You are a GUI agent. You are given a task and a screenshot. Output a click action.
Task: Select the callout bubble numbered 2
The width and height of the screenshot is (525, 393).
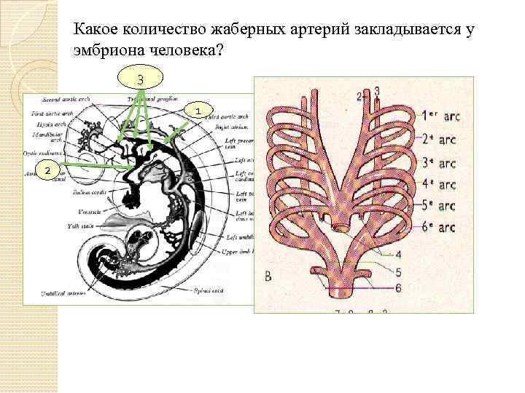point(47,170)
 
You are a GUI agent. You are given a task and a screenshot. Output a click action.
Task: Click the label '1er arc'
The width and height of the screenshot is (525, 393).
point(440,116)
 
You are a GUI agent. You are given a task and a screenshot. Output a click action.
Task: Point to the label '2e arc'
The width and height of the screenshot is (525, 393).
point(441,139)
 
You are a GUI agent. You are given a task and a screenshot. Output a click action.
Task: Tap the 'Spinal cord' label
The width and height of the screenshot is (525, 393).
point(212,291)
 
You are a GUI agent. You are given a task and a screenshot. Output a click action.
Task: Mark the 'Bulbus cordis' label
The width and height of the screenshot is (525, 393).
point(87,193)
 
